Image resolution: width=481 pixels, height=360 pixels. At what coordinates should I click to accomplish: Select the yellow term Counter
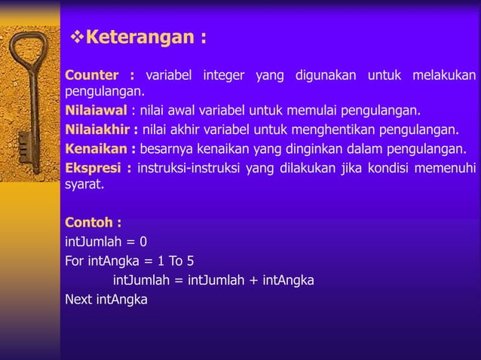(92, 75)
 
